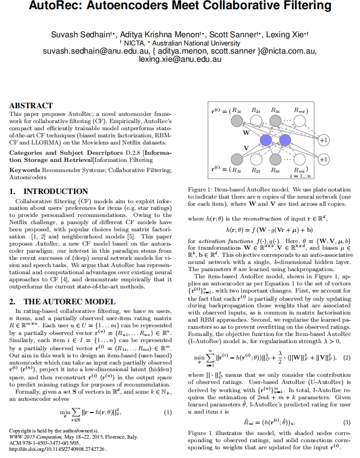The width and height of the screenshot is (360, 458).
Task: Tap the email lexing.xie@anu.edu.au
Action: point(180,59)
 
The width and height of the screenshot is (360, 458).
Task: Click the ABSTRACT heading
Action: point(31,106)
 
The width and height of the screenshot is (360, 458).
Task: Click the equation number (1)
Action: point(167,412)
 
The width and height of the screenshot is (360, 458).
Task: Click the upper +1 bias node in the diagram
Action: point(323,139)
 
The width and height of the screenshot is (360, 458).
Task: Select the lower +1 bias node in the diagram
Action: point(323,159)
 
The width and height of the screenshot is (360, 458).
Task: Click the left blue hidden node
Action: point(265,140)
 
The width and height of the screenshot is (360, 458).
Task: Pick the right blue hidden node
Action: point(284,140)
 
